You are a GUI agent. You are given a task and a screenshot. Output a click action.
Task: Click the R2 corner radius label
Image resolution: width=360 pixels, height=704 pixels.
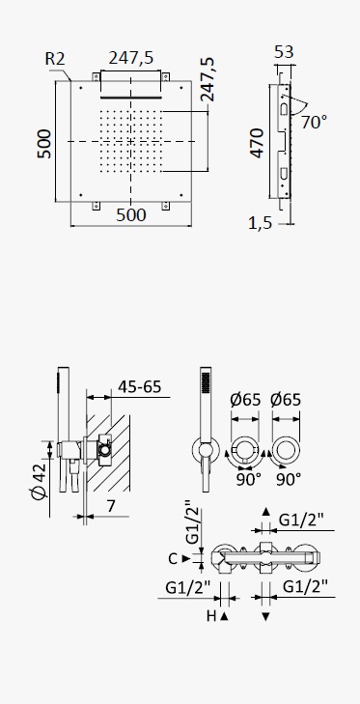55,59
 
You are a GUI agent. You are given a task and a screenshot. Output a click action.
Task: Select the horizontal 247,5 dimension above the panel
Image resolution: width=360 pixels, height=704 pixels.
131,58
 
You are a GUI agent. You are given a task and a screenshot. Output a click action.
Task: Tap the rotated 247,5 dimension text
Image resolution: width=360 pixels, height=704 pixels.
207,79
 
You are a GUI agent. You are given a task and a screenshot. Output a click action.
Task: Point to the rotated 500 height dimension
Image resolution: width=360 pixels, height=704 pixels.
44,144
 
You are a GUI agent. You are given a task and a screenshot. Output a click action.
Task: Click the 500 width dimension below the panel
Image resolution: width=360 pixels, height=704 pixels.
131,215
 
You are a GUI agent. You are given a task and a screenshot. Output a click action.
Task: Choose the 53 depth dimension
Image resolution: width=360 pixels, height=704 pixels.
284,52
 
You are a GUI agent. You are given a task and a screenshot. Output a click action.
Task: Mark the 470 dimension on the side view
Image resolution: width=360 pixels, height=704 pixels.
257,143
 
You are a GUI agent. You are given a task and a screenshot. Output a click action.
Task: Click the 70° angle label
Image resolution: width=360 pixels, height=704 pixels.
314,122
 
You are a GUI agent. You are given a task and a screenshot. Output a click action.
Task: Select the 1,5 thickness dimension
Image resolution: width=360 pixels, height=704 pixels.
261,223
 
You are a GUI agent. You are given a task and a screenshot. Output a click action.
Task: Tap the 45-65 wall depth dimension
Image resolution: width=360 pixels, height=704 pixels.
139,386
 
